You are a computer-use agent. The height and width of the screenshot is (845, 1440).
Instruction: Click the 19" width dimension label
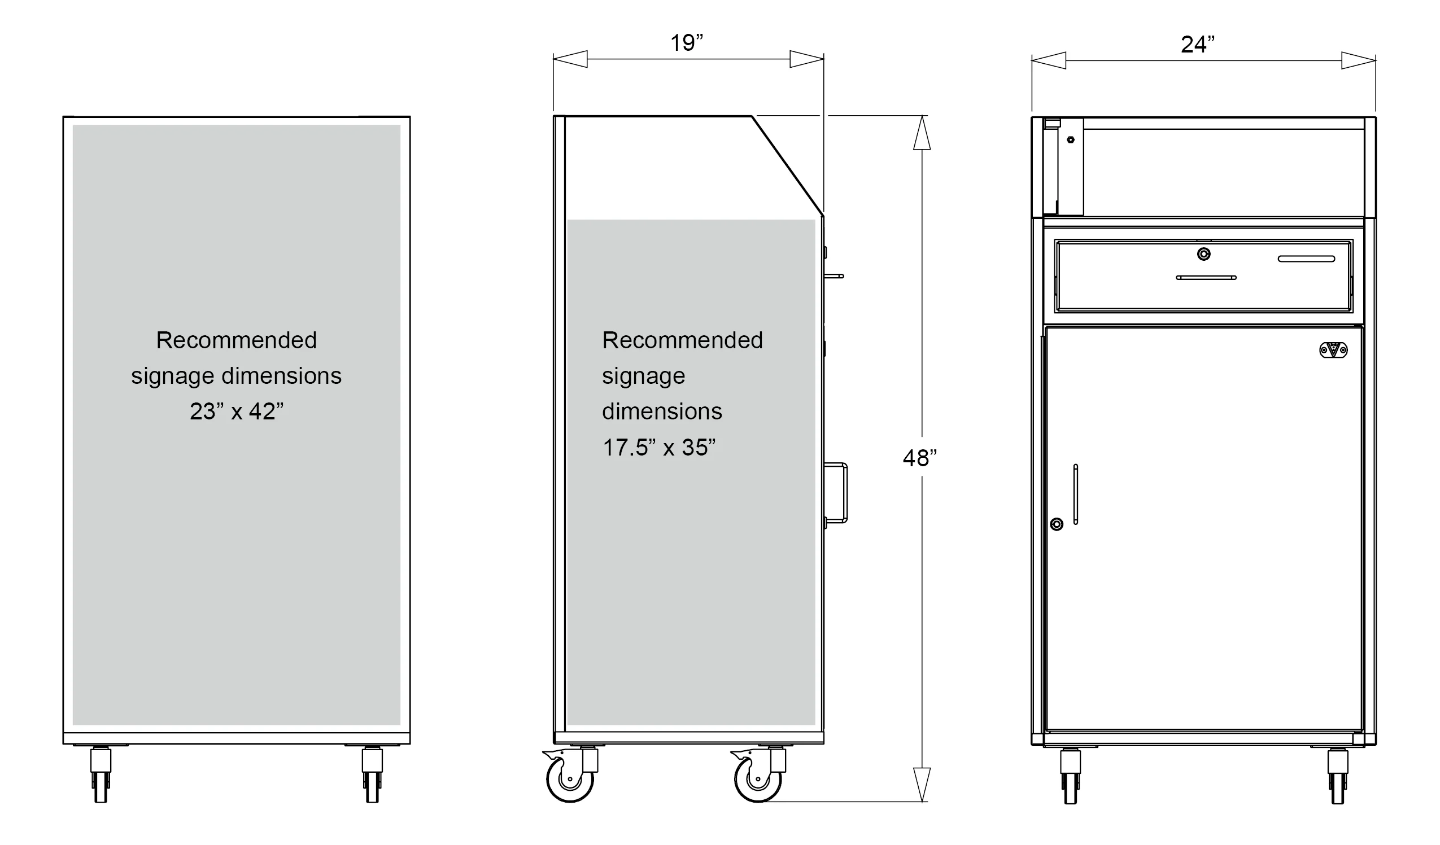686,43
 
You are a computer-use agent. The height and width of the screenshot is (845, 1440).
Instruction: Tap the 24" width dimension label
1198,45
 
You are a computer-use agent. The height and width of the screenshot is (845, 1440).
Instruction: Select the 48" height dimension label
920,458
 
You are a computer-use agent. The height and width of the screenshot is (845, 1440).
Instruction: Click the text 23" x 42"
237,411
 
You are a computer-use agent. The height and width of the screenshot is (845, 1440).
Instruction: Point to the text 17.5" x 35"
659,448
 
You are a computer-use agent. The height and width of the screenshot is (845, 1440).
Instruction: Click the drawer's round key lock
1204,253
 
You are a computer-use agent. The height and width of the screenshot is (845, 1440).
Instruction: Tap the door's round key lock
1057,524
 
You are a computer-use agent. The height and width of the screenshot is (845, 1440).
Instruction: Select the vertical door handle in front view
1075,494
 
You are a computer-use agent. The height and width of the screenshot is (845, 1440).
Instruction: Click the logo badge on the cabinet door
1334,349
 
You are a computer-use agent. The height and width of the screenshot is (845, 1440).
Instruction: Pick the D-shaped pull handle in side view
836,492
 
